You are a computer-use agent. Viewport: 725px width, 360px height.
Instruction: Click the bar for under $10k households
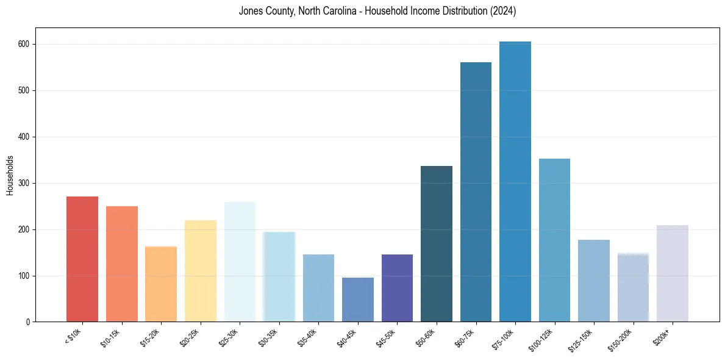pyautogui.click(x=82, y=259)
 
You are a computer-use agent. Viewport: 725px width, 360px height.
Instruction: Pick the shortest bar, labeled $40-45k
pyautogui.click(x=358, y=300)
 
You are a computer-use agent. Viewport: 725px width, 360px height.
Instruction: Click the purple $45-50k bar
pyautogui.click(x=397, y=288)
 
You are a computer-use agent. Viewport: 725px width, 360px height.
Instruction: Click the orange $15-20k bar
pyautogui.click(x=161, y=284)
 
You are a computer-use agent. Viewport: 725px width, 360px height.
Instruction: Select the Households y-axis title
pyautogui.click(x=10, y=175)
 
